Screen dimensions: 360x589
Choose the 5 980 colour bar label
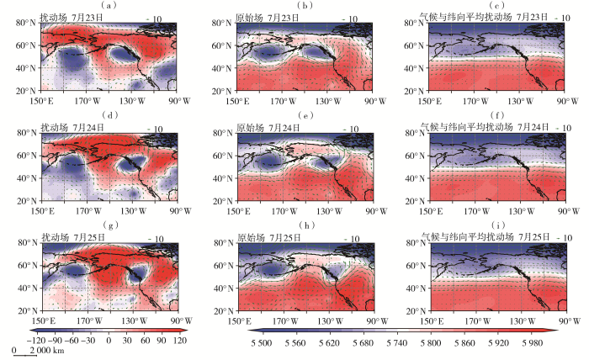[533, 342]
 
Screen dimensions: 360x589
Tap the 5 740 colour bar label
[396, 342]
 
